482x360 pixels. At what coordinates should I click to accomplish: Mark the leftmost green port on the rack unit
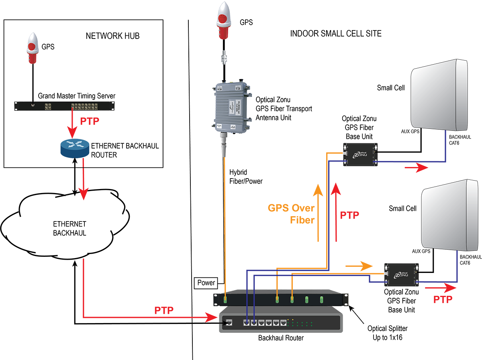coord(225,299)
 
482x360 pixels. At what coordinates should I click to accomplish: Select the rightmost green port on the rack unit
coord(321,299)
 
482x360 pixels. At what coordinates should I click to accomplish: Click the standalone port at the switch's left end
coord(229,322)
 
